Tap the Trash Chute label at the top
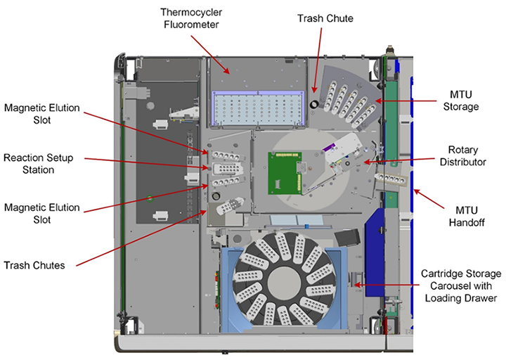pos(346,18)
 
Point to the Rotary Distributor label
pos(467,155)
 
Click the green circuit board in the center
pos(285,172)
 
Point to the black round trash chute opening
pos(314,105)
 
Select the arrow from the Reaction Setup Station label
pos(141,165)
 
